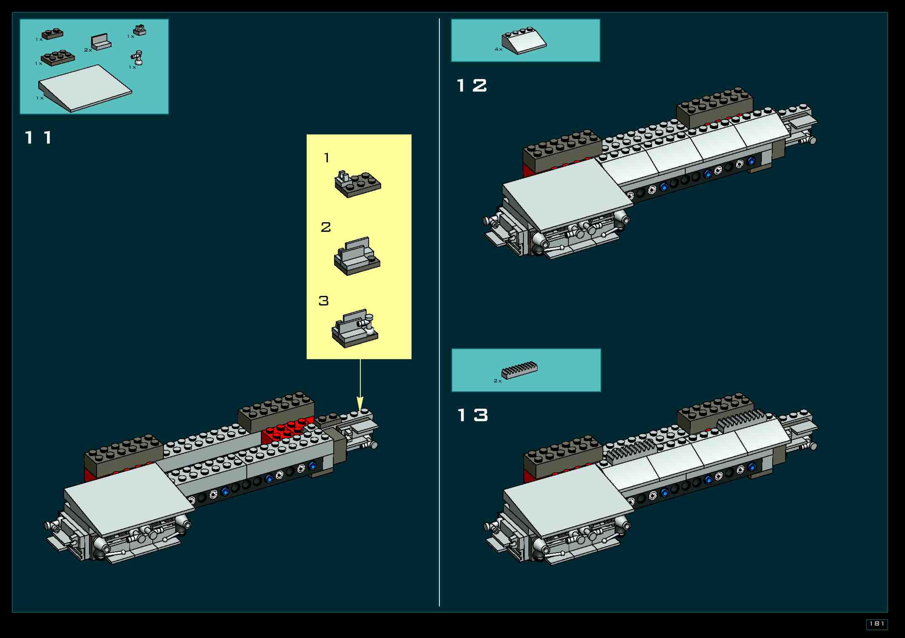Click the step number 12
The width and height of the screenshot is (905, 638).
471,86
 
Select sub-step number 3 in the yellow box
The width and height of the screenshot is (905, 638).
324,301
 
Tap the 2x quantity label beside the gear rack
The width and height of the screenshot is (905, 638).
497,381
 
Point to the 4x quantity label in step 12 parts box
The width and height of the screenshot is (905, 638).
498,49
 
